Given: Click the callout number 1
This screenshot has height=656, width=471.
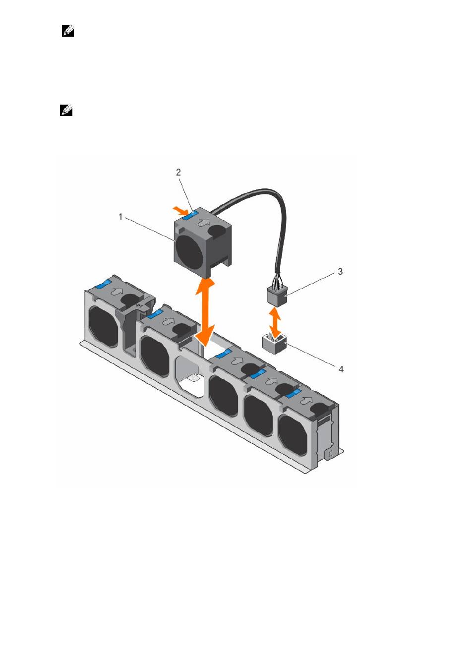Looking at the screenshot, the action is coord(120,217).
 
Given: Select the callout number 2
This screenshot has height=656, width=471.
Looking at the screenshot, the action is coord(178,172).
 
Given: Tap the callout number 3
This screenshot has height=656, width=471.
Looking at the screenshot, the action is coord(340,272).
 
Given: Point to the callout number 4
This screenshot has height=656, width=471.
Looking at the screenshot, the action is coord(341,369).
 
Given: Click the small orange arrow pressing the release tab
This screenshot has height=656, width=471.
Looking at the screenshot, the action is coord(179,210).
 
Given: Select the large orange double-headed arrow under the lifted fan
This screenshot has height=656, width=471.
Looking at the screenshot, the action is coord(205,313).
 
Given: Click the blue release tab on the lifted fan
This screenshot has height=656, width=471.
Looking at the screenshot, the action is coord(190,215).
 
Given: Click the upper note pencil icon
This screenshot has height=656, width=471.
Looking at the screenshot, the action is coord(67,31).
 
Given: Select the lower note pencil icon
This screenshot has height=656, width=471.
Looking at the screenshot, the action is coord(66,110).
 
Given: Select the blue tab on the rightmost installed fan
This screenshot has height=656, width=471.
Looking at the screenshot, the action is coord(294,394).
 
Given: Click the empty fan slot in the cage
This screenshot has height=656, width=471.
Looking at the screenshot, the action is coord(190,372).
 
